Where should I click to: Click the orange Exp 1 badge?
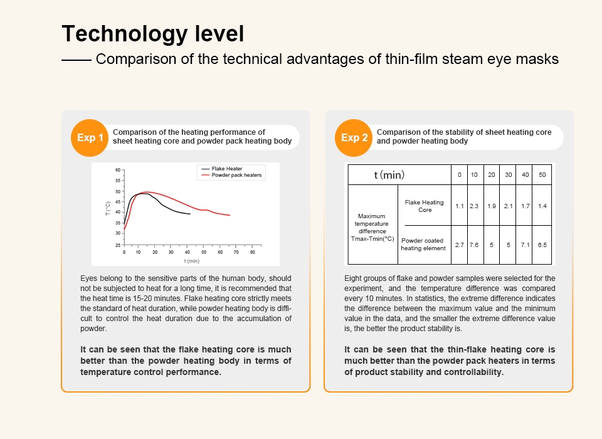point(90,137)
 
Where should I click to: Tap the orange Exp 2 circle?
point(354,137)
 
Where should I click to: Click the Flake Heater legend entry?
point(227,169)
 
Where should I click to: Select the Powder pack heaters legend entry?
point(236,175)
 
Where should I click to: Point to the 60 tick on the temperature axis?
point(117,170)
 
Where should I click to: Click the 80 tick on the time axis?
point(252,252)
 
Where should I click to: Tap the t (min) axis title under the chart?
point(191,260)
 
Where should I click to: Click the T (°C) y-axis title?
point(108,208)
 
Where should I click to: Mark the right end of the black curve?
point(190,214)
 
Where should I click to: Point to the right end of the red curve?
point(230,216)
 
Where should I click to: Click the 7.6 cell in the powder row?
point(474,245)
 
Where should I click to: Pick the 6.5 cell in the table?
point(542,245)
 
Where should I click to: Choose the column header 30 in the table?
point(508,174)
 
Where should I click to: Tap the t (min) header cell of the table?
point(389,174)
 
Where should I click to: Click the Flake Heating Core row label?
point(424,206)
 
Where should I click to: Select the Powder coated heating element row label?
point(423,244)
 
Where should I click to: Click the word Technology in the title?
point(114,33)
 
